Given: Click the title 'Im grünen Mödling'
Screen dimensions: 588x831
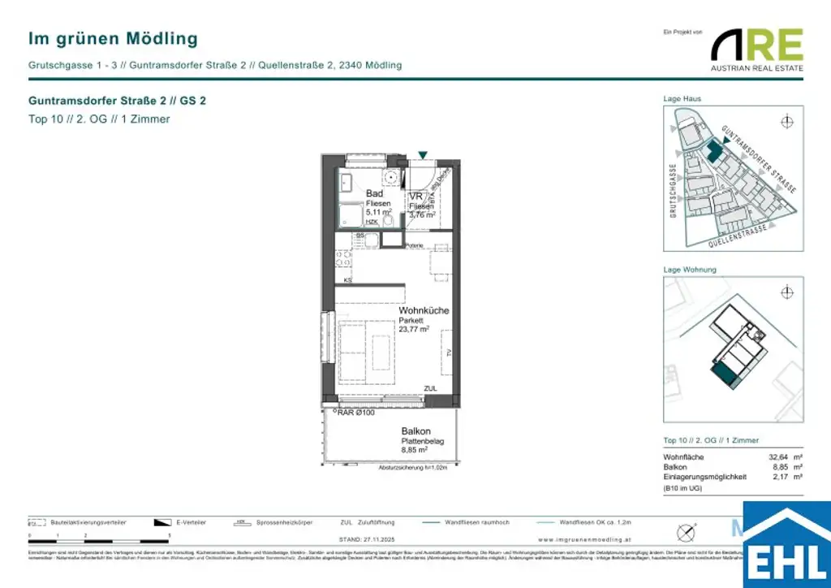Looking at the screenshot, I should [113, 38].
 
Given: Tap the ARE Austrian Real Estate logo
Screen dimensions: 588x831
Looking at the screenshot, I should [757, 50].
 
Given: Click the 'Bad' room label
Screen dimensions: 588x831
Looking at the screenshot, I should [374, 193].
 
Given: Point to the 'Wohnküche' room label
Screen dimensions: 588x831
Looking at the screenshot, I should [423, 311].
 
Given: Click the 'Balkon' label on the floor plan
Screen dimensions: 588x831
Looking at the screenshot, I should [415, 431].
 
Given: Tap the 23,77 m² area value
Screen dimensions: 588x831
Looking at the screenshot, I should [413, 330].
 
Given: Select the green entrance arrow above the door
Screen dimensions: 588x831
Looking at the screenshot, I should [422, 154].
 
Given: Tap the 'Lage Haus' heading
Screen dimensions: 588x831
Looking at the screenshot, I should [682, 99].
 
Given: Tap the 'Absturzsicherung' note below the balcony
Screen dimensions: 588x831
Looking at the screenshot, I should [413, 468].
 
